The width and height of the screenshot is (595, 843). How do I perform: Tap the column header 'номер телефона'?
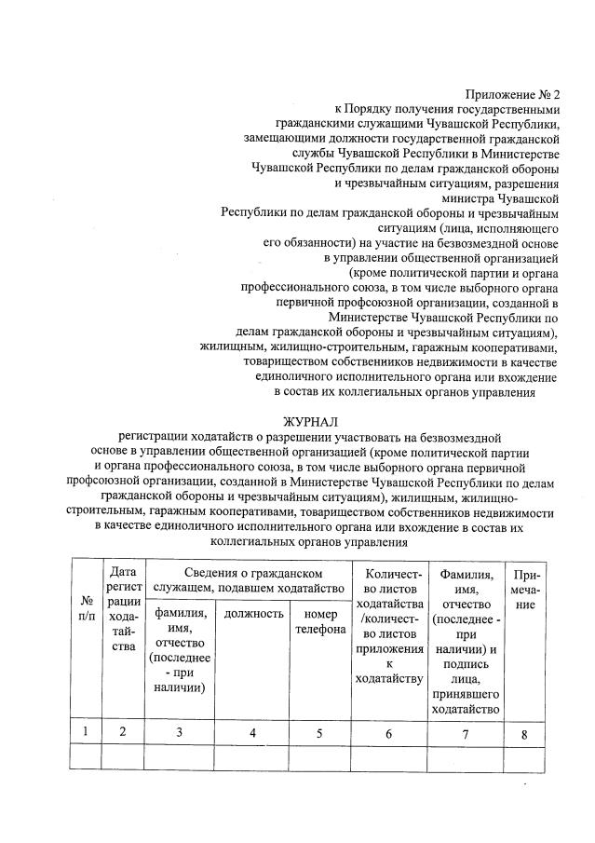[x=320, y=621]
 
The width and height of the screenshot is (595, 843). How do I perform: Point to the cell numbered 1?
[x=86, y=731]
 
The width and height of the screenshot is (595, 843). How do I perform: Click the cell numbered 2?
[x=122, y=731]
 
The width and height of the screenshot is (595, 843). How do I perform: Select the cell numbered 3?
[x=180, y=732]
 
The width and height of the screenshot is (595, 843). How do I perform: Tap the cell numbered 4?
[x=252, y=732]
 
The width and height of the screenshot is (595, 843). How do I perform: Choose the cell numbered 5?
[x=319, y=732]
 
